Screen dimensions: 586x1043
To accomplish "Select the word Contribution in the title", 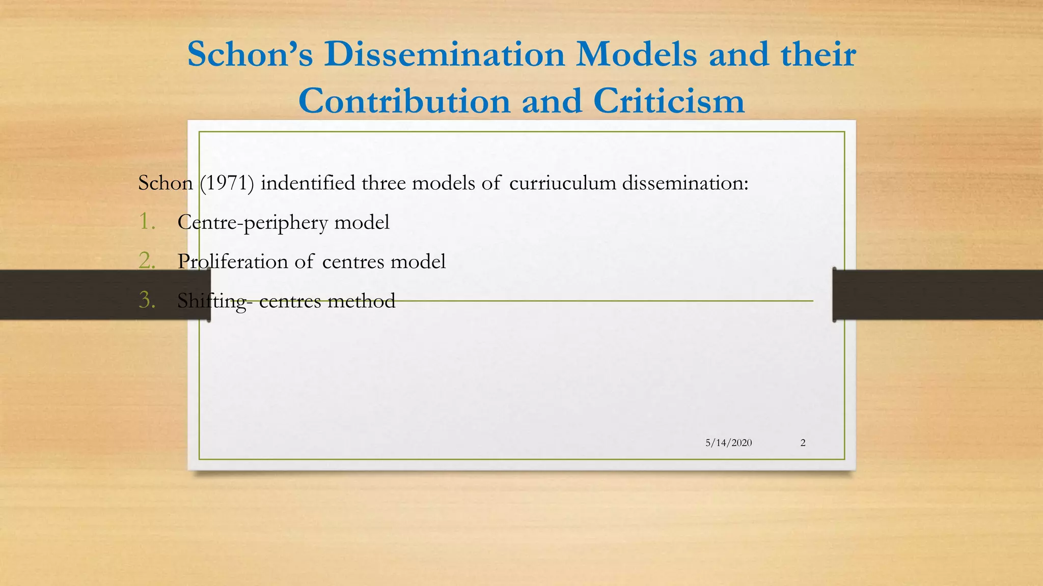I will pos(404,101).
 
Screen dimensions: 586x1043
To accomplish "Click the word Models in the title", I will pos(636,54).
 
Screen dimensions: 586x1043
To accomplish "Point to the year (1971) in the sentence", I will pos(227,183).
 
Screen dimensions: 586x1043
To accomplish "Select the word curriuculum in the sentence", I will pos(562,183).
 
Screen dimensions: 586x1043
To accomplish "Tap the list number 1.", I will pos(147,222).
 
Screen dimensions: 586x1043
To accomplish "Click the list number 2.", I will pos(147,261).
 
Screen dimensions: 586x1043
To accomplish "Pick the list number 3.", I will pos(147,300).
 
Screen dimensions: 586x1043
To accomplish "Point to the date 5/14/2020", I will pos(728,443).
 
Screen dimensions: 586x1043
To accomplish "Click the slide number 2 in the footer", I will pos(803,443).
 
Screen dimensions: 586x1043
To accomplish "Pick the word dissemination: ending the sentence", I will pos(685,183).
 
